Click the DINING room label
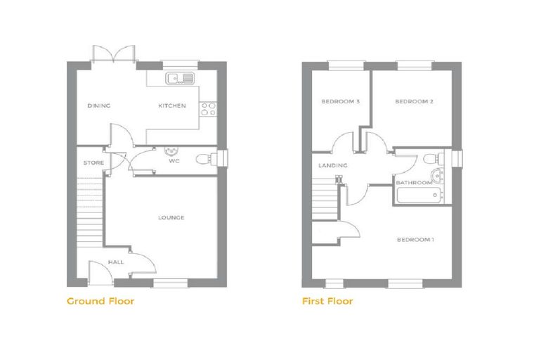[99, 105]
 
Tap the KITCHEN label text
[172, 105]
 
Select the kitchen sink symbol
[180, 79]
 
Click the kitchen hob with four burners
[208, 109]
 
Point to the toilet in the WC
[207, 159]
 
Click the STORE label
[93, 163]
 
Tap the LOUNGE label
[171, 217]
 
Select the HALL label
[116, 262]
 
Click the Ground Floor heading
[100, 301]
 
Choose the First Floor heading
[327, 301]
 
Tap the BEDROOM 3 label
[341, 101]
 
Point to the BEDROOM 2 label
[414, 101]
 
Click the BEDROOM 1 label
[415, 240]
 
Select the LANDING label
[333, 165]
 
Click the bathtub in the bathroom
[420, 195]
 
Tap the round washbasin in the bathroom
[437, 176]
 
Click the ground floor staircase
[89, 212]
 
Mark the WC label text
[174, 161]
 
